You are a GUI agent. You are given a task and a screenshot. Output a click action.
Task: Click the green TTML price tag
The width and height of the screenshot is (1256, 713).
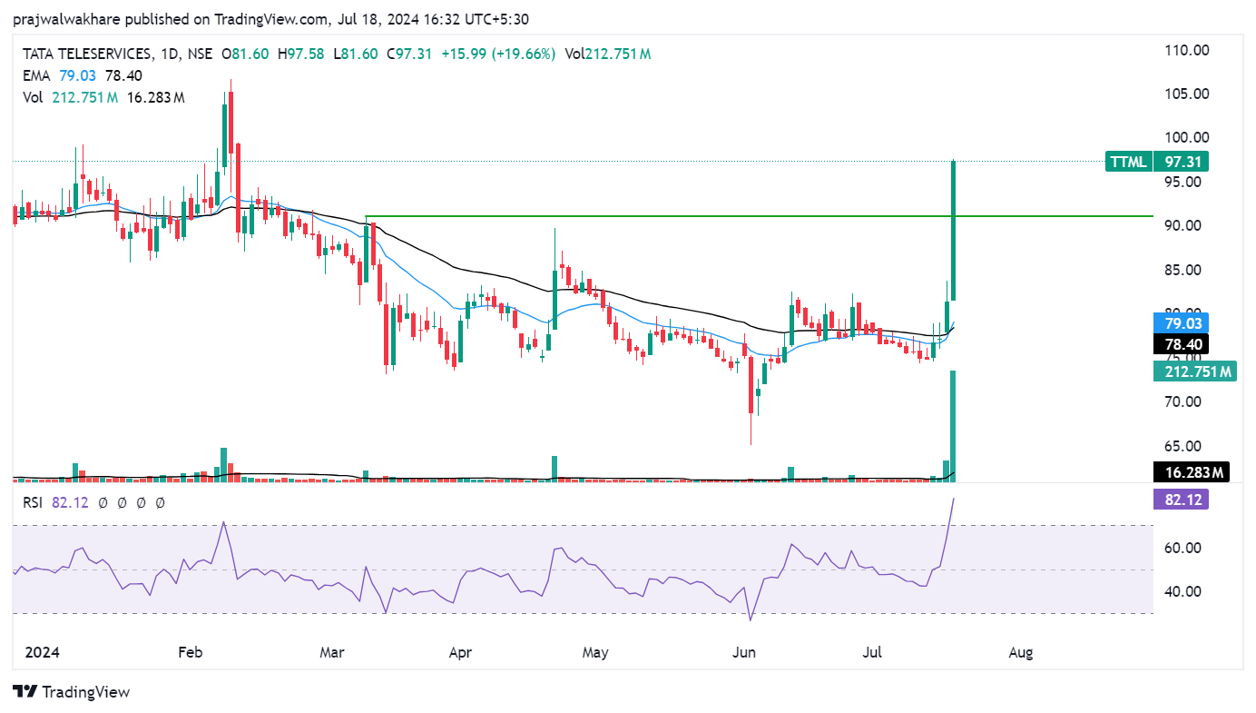coord(1128,163)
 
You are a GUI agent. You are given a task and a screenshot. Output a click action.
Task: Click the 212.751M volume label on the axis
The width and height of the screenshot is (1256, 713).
coord(1193,371)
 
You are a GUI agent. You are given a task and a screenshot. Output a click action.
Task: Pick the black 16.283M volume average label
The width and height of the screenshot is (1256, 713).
coord(1190,472)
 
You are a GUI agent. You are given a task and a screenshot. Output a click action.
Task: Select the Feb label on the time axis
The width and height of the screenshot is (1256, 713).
coord(190,652)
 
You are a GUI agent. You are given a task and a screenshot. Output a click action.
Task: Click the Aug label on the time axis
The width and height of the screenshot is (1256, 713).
coord(1021,652)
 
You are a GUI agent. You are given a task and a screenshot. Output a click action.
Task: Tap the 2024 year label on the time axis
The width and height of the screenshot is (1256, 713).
coord(42,652)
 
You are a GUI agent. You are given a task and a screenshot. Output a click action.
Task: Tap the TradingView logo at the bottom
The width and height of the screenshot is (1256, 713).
coord(72,692)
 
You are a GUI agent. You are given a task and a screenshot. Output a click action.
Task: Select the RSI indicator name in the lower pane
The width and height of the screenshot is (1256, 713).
coord(33,502)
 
